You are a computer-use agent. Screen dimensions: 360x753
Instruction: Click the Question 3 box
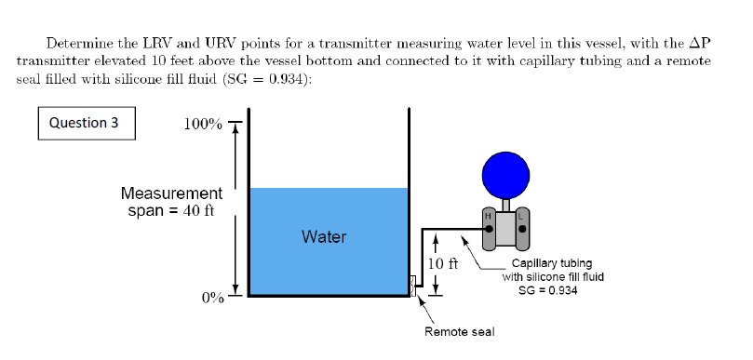(85, 123)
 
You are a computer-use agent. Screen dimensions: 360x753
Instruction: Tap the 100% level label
(204, 126)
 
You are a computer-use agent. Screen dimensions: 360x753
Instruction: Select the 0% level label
(212, 298)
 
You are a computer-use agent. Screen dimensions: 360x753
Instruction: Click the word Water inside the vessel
(324, 237)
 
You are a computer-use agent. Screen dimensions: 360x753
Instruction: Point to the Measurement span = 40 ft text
(171, 201)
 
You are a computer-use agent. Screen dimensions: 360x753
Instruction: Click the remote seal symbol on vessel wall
(413, 286)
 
